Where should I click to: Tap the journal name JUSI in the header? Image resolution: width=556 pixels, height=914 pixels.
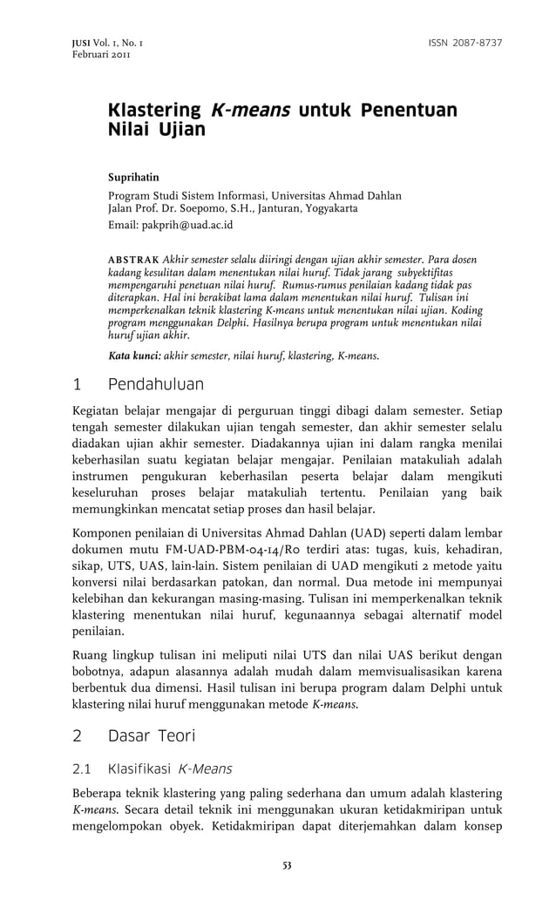point(63,44)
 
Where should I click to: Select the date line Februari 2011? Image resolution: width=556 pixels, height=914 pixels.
point(84,55)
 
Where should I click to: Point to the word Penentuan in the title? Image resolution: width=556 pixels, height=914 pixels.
point(410,111)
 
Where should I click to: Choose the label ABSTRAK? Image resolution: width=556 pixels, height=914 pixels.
point(132,261)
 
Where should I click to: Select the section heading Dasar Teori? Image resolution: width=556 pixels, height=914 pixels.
point(152,736)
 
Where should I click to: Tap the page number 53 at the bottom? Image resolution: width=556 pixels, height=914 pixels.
point(286,864)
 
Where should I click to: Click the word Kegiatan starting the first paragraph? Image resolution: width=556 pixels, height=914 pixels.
point(97,410)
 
